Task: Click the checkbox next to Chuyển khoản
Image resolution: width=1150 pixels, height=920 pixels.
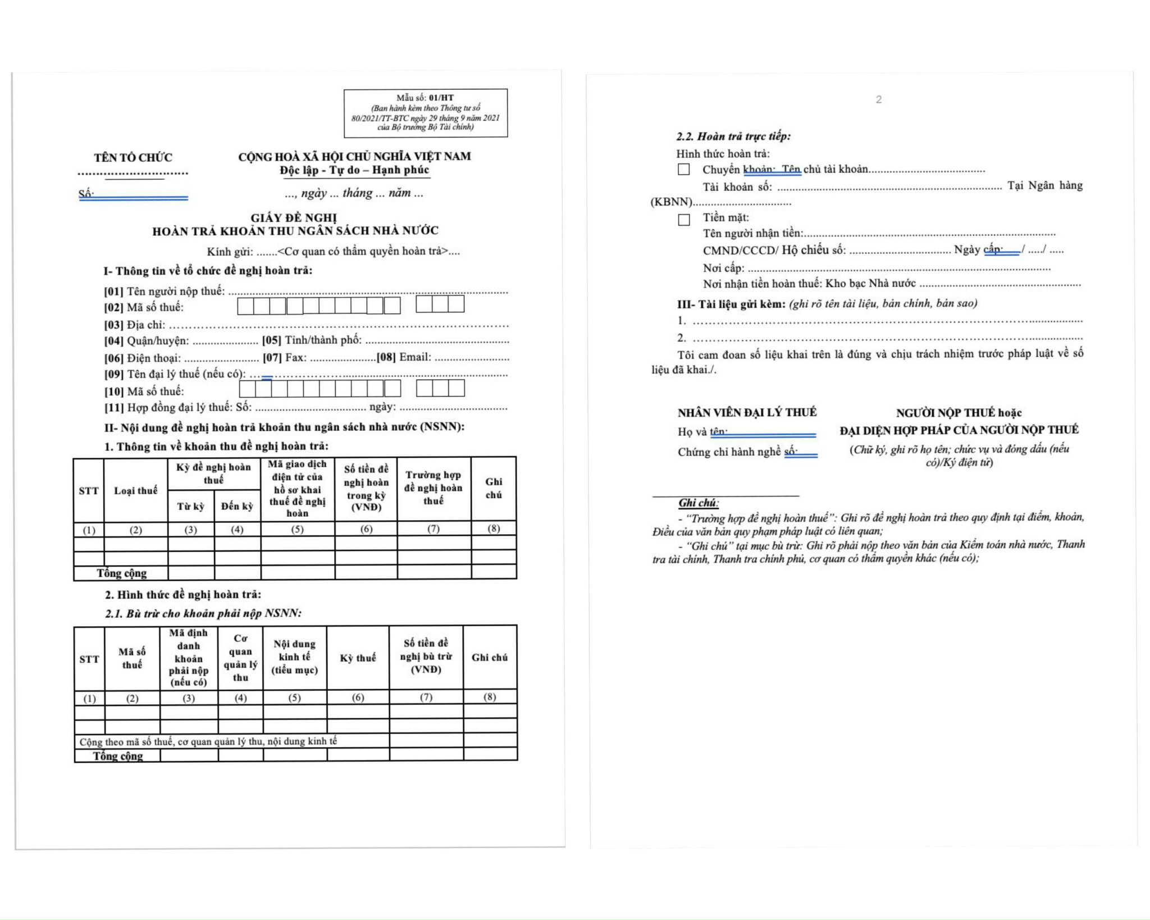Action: point(683,169)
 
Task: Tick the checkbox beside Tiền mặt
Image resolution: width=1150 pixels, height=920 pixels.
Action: point(683,219)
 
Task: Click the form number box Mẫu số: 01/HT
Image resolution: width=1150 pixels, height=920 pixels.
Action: point(426,113)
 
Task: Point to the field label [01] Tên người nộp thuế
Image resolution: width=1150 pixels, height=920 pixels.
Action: point(164,291)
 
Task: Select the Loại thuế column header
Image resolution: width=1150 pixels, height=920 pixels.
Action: point(136,490)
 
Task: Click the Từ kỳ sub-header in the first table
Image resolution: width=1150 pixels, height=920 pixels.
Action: point(191,506)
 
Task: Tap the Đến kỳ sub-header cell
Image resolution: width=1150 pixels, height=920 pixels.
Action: point(237,506)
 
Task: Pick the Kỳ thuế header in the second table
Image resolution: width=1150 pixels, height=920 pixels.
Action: point(358,658)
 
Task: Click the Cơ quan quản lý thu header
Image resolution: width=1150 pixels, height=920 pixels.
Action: point(240,658)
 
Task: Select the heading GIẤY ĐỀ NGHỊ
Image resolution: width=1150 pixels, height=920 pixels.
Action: point(294,218)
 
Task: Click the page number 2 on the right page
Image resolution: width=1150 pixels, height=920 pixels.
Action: point(879,99)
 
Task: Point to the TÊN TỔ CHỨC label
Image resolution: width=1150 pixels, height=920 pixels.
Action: point(133,157)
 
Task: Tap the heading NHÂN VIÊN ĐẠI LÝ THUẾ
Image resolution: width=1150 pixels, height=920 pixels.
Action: point(747,412)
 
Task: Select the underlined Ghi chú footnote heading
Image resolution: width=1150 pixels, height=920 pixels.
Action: point(699,503)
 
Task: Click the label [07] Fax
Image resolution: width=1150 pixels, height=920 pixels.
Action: point(285,357)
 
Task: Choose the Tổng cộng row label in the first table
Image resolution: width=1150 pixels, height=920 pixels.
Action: point(122,573)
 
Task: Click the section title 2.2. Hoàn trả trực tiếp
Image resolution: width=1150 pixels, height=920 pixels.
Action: point(733,136)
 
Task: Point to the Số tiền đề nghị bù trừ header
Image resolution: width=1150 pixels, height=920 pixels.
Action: point(426,656)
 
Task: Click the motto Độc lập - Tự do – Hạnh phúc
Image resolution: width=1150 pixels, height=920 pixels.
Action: point(355,170)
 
